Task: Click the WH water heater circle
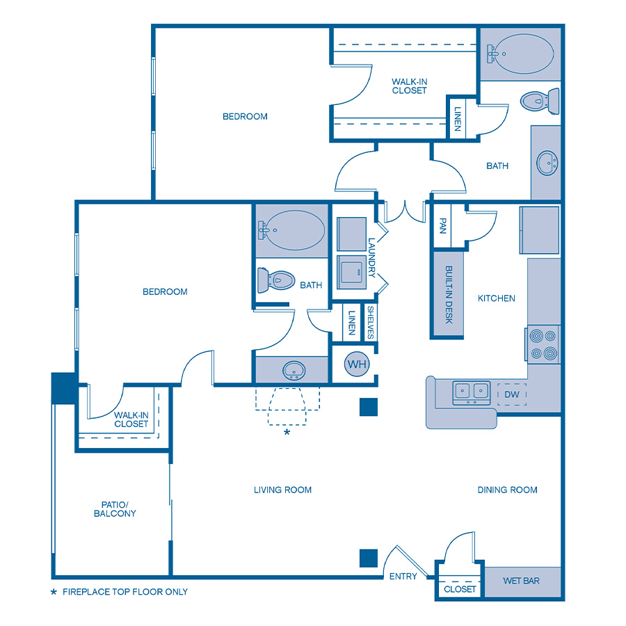click(x=357, y=364)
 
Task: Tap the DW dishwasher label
click(x=512, y=394)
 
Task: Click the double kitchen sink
click(x=472, y=392)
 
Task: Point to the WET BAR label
click(x=521, y=581)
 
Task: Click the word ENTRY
click(x=403, y=577)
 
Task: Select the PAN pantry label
click(x=442, y=225)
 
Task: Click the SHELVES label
click(x=371, y=323)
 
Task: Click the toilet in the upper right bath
click(x=540, y=101)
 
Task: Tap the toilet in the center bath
click(x=278, y=280)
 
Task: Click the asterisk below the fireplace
click(x=287, y=433)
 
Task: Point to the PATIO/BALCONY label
click(x=115, y=509)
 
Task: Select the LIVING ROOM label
click(x=282, y=490)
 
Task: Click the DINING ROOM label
click(x=507, y=490)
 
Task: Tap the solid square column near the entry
click(x=369, y=558)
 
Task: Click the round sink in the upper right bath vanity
click(x=547, y=164)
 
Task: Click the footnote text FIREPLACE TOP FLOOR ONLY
click(x=125, y=592)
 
